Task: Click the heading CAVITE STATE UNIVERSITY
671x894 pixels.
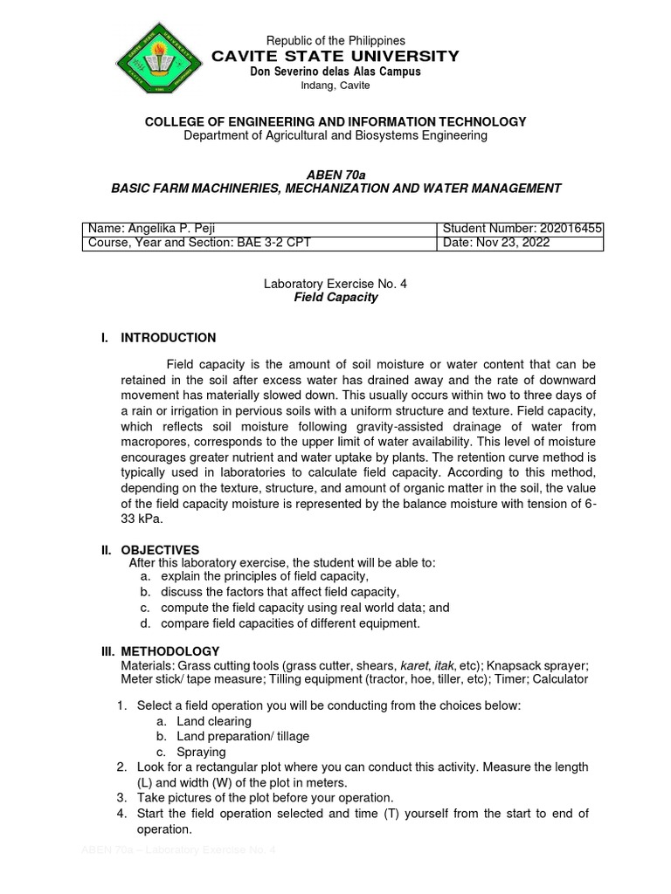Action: point(335,56)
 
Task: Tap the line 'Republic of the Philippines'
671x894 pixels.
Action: point(335,40)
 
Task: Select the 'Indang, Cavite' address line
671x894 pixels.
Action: point(335,86)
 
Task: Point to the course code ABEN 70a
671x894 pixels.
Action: point(335,175)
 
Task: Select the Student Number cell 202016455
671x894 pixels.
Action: point(522,229)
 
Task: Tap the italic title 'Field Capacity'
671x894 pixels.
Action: point(335,297)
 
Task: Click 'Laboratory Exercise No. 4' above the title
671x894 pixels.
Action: point(335,284)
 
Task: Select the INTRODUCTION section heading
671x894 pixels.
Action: point(168,338)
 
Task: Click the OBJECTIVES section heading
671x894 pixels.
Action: point(160,550)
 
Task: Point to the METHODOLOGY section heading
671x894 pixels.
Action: point(169,651)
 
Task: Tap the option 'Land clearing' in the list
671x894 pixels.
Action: point(213,721)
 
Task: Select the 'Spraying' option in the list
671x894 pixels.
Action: point(201,752)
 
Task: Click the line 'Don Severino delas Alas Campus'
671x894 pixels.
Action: point(335,72)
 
